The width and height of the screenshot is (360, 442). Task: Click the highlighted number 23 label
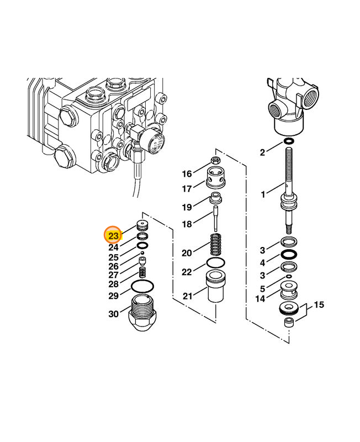(114, 236)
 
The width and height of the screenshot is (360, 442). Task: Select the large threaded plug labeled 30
(145, 315)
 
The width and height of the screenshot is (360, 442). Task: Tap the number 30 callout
(113, 314)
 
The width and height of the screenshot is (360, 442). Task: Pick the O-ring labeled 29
(142, 287)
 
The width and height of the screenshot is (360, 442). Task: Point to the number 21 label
(188, 296)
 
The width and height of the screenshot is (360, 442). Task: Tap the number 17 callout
(187, 188)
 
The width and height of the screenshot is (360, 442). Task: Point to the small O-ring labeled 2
(288, 142)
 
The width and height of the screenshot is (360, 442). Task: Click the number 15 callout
(319, 304)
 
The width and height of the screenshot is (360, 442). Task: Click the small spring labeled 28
(142, 272)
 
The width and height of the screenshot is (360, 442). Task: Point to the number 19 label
(187, 207)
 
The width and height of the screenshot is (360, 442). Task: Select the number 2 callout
(263, 151)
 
